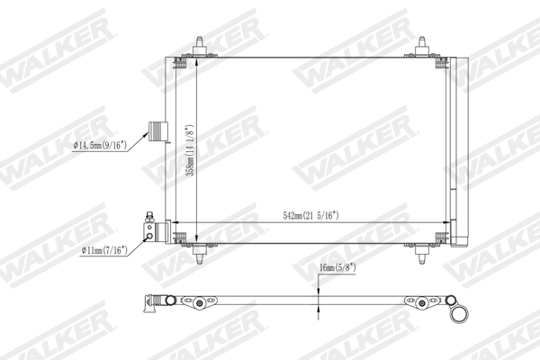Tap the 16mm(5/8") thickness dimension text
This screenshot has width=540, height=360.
click(338, 267)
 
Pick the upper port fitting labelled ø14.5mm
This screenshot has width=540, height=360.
click(158, 130)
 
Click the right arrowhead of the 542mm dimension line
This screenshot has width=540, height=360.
click(441, 223)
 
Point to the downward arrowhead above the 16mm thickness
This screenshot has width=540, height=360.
click(317, 287)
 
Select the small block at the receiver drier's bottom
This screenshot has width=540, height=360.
click(458, 241)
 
